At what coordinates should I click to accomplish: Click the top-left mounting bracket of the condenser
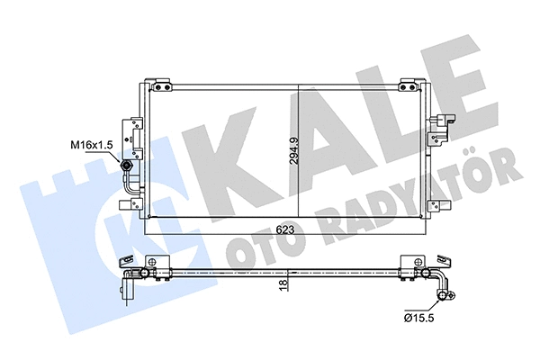point(162,86)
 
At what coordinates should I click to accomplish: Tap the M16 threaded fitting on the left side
point(127,166)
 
